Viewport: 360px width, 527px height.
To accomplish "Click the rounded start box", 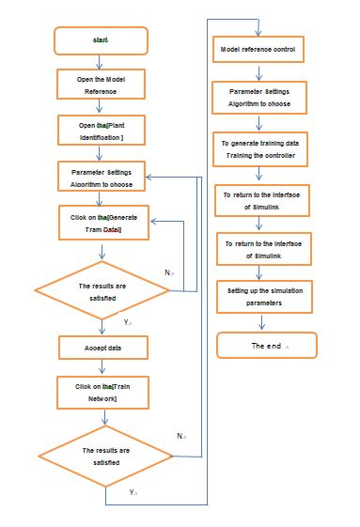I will tap(102, 40).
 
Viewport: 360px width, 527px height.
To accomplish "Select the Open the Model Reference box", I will tap(102, 85).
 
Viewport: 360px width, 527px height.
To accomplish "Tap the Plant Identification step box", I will tap(102, 131).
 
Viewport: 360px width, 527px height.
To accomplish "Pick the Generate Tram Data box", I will tap(102, 224).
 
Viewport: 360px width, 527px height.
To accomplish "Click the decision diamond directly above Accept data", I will tap(102, 290).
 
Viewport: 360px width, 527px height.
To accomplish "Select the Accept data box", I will tap(102, 348).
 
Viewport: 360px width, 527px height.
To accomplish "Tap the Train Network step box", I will tap(102, 392).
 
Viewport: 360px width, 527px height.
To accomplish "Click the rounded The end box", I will tap(260, 346).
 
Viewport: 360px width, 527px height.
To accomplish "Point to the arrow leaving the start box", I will tap(102, 61).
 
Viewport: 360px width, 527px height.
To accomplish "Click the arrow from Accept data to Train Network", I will tap(102, 369).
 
